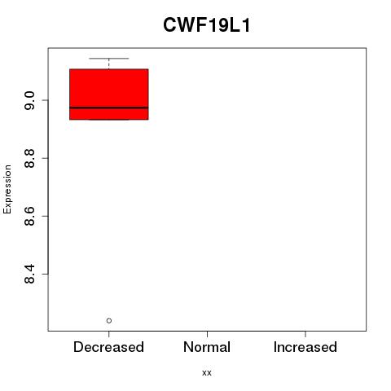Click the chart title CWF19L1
pyautogui.click(x=206, y=25)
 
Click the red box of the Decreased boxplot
pyautogui.click(x=109, y=94)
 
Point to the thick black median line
pyautogui.click(x=109, y=108)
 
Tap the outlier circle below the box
pyautogui.click(x=109, y=321)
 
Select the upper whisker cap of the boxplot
pyautogui.click(x=109, y=58)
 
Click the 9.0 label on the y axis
pyautogui.click(x=29, y=100)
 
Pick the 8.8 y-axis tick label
pyautogui.click(x=29, y=158)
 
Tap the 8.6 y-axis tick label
pyautogui.click(x=29, y=216)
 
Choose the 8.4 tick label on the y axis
pyautogui.click(x=29, y=274)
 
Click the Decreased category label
pyautogui.click(x=108, y=347)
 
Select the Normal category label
pyautogui.click(x=207, y=347)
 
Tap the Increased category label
pyautogui.click(x=305, y=347)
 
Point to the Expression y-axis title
pyautogui.click(x=7, y=189)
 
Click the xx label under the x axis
pyautogui.click(x=207, y=373)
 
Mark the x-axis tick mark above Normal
pyautogui.click(x=207, y=334)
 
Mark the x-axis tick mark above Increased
pyautogui.click(x=305, y=334)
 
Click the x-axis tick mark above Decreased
pyautogui.click(x=109, y=334)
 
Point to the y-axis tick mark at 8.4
pyautogui.click(x=45, y=274)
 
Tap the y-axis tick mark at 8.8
pyautogui.click(x=45, y=158)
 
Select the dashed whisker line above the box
pyautogui.click(x=109, y=64)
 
